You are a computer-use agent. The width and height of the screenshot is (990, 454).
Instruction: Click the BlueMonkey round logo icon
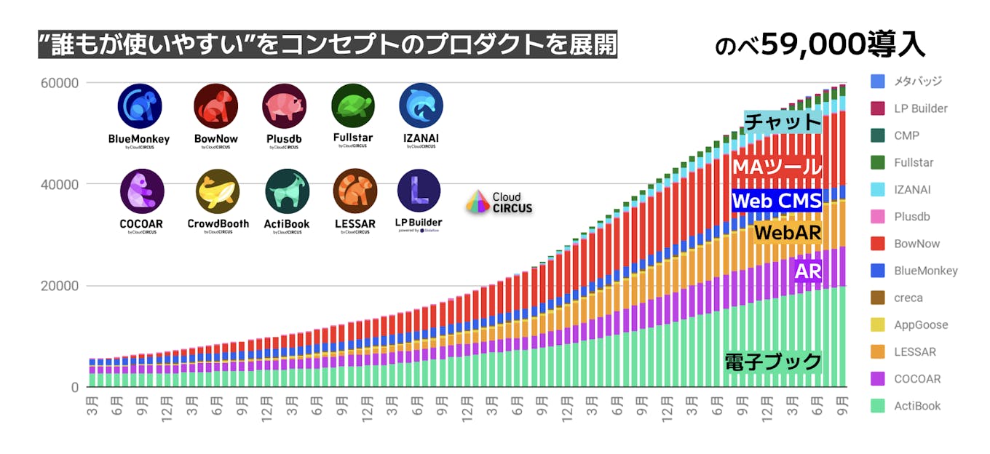(x=139, y=106)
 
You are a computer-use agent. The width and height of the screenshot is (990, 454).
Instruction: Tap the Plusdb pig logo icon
(x=284, y=106)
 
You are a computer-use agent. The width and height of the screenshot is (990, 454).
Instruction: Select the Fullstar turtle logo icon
(x=353, y=106)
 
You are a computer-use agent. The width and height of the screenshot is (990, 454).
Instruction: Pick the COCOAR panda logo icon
(x=142, y=191)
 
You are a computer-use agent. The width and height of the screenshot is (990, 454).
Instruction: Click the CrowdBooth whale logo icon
(x=218, y=191)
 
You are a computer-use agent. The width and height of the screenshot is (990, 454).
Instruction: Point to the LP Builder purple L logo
(x=419, y=191)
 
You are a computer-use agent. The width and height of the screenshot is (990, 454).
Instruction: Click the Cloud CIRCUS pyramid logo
(x=478, y=202)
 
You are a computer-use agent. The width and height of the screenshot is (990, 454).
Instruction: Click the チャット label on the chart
(x=783, y=122)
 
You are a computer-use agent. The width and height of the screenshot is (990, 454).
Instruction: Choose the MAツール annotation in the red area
(x=777, y=167)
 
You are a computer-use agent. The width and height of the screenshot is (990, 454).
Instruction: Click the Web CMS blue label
(x=777, y=200)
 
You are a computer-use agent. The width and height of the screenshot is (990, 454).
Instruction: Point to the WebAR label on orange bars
(x=788, y=233)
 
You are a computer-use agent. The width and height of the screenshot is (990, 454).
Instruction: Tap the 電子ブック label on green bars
(x=773, y=362)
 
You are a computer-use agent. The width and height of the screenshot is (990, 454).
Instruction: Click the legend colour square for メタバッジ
(x=877, y=81)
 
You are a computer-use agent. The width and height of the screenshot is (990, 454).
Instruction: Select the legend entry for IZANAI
(x=912, y=190)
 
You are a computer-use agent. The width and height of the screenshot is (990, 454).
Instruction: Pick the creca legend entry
(x=908, y=298)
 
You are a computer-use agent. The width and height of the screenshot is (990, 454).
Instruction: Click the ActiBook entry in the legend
(x=917, y=406)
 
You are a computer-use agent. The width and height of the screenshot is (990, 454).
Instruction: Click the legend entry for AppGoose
(x=921, y=325)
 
